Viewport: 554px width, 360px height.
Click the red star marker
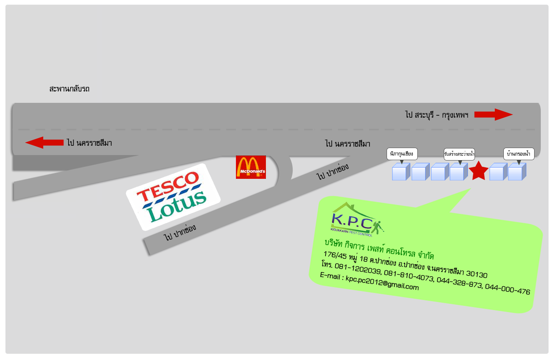coord(478,171)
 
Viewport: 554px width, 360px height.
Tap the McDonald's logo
coord(251,167)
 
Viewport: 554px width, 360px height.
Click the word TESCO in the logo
coord(168,187)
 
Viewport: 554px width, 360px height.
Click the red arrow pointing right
coord(493,115)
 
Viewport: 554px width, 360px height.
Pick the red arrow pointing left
coord(44,143)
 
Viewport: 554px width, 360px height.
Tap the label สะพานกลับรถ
coord(69,89)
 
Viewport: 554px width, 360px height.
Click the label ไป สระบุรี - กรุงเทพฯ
coord(436,115)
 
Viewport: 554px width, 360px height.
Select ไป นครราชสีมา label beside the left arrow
coord(90,143)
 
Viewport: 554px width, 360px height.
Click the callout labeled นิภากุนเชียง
coord(402,154)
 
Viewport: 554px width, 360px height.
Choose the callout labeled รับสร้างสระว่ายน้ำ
coord(459,154)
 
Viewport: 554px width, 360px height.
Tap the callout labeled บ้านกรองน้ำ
coord(519,154)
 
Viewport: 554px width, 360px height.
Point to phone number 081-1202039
coord(358,269)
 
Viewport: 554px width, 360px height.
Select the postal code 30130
coord(477,274)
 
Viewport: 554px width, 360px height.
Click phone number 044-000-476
coord(508,289)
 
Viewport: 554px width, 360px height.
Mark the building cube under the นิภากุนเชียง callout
coord(401,172)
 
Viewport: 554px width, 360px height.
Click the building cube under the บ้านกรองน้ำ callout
coord(517,172)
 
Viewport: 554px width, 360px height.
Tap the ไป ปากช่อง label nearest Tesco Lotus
coord(180,232)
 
